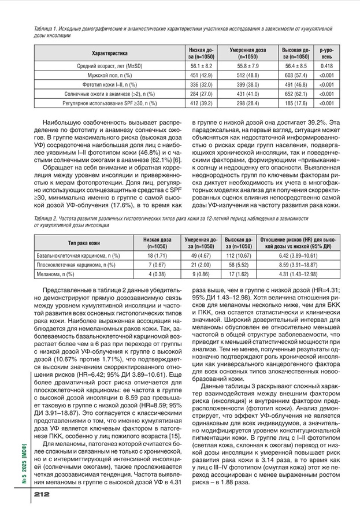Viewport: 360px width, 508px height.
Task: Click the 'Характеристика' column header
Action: pyautogui.click(x=109, y=54)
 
